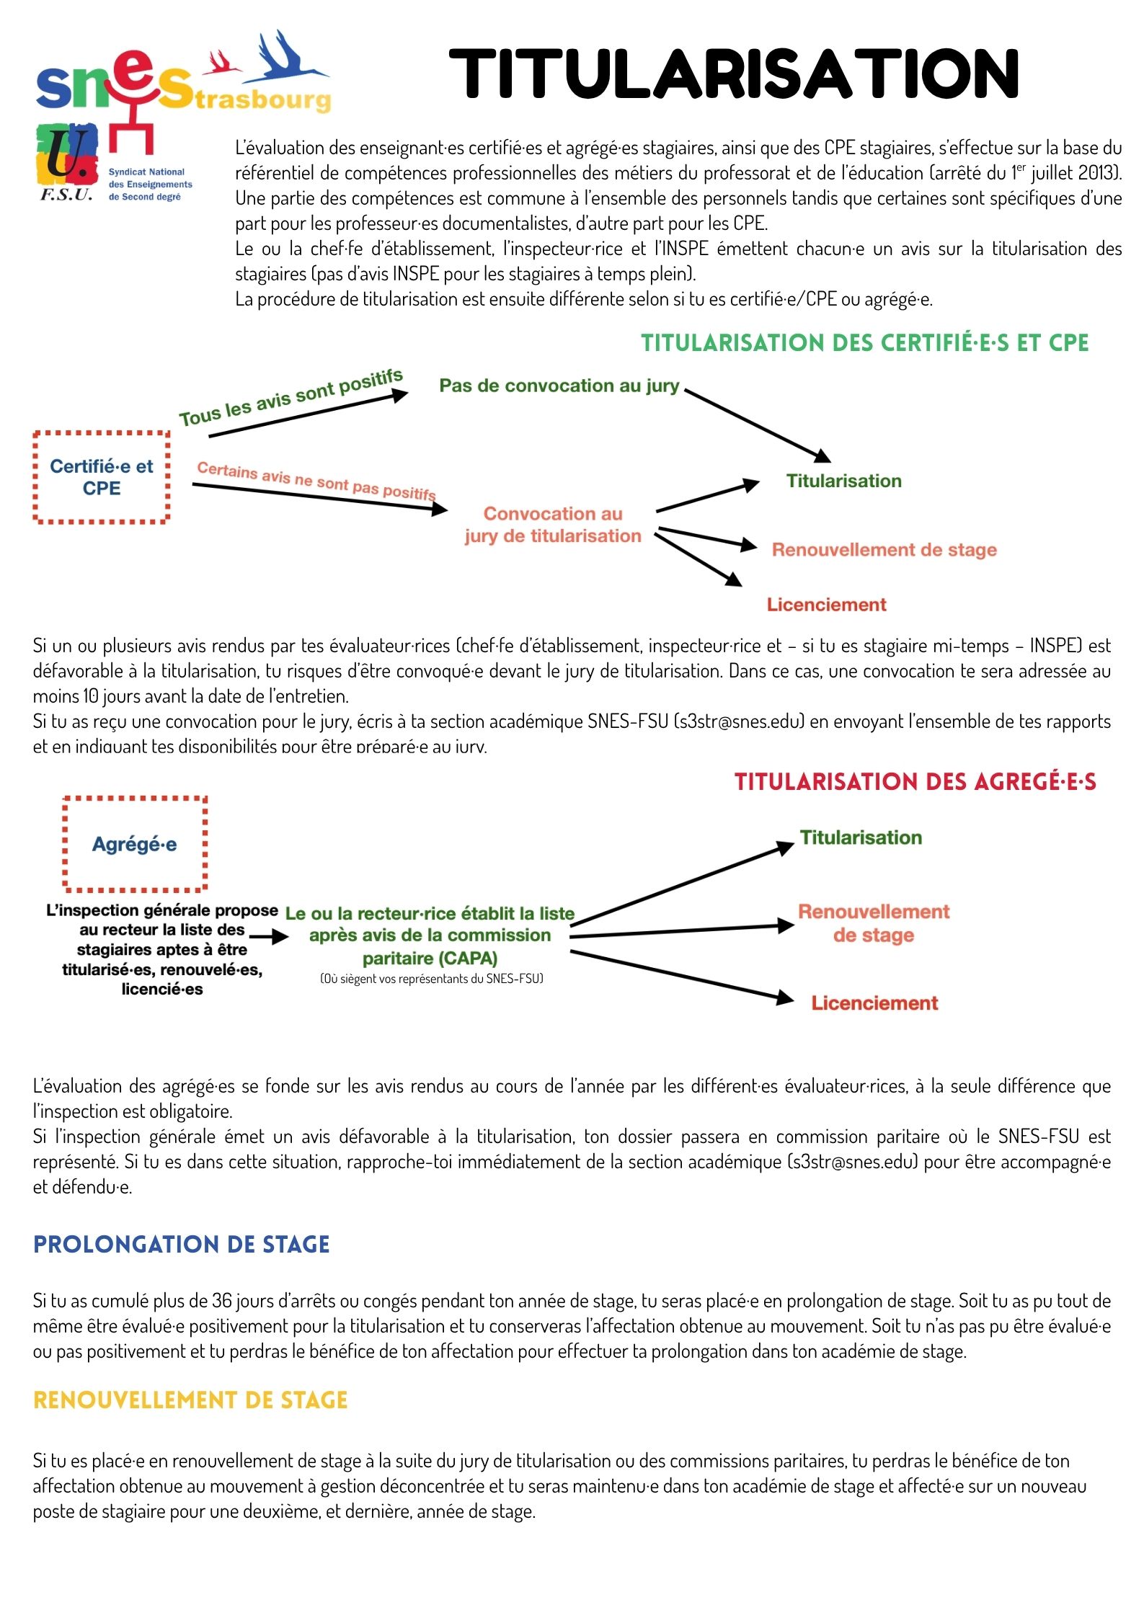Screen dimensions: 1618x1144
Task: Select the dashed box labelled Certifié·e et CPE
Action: [x=102, y=477]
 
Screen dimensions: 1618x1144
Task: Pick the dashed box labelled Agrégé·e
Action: [x=135, y=844]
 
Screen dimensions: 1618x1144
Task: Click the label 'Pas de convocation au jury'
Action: [x=559, y=386]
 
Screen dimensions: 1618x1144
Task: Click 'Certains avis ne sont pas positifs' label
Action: [x=316, y=481]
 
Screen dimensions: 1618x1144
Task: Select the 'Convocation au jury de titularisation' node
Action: [x=553, y=525]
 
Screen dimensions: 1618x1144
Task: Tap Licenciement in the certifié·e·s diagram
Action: [x=826, y=605]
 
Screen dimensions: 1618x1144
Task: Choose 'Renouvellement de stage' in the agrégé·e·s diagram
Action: [x=874, y=923]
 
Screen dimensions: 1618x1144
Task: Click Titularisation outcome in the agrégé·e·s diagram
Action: [x=861, y=837]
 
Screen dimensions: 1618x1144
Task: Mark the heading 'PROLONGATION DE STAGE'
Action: [x=182, y=1245]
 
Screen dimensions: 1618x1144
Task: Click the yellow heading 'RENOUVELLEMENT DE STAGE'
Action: [x=190, y=1400]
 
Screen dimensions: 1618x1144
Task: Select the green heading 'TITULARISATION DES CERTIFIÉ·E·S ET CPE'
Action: [x=865, y=343]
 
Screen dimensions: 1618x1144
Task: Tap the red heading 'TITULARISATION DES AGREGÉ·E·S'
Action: [x=915, y=782]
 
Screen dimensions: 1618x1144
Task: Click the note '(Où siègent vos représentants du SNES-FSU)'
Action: [x=431, y=979]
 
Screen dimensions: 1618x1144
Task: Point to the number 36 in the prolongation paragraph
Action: [x=221, y=1301]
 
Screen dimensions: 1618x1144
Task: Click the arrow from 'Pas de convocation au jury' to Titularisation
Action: [x=757, y=426]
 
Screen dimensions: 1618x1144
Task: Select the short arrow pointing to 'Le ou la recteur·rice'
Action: [x=269, y=938]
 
